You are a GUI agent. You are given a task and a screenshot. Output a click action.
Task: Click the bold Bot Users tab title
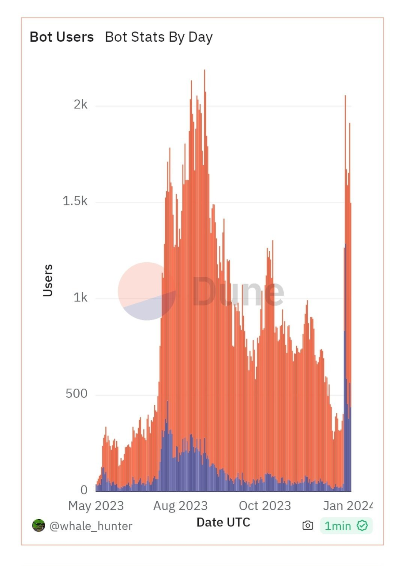pyautogui.click(x=62, y=37)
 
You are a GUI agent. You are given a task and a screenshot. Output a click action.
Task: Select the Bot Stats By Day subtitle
pyautogui.click(x=159, y=37)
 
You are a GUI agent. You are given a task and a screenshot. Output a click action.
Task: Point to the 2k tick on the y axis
pyautogui.click(x=80, y=104)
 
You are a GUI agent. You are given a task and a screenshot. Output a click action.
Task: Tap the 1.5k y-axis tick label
pyautogui.click(x=75, y=201)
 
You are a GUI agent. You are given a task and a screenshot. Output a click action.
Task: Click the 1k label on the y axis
pyautogui.click(x=80, y=298)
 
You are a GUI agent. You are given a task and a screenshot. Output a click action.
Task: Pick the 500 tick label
pyautogui.click(x=76, y=394)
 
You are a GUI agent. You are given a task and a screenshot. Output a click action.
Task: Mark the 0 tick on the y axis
pyautogui.click(x=84, y=490)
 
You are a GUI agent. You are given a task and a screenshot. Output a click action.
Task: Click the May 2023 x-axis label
pyautogui.click(x=96, y=506)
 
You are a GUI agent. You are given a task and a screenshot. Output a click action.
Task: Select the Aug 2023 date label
pyautogui.click(x=180, y=506)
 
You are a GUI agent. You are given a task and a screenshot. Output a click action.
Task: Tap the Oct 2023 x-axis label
pyautogui.click(x=265, y=506)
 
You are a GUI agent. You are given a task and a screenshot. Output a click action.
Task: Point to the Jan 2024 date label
pyautogui.click(x=347, y=506)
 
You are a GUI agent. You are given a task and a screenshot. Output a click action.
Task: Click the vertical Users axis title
pyautogui.click(x=48, y=280)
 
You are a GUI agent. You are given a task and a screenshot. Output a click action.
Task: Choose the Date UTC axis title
pyautogui.click(x=223, y=523)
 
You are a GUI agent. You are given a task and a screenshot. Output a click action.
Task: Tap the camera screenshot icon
pyautogui.click(x=307, y=526)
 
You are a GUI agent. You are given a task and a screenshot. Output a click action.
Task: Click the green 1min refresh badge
pyautogui.click(x=346, y=526)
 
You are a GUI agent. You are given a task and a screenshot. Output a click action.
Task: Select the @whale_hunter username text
pyautogui.click(x=91, y=526)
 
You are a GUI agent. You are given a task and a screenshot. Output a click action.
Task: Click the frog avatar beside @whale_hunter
pyautogui.click(x=38, y=526)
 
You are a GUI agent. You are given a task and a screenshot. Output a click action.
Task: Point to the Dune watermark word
pyautogui.click(x=238, y=291)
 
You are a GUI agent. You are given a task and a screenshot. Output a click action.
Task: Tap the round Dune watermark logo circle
pyautogui.click(x=147, y=291)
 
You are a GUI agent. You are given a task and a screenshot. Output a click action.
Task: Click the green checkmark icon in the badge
pyautogui.click(x=362, y=526)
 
